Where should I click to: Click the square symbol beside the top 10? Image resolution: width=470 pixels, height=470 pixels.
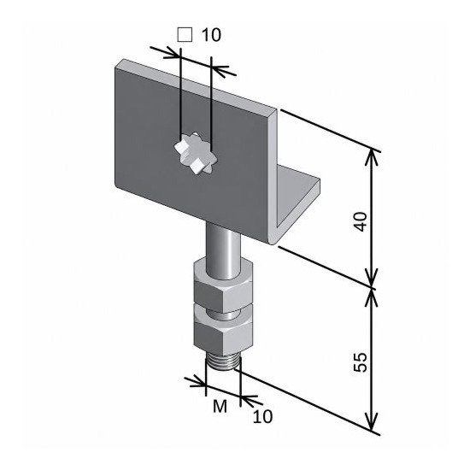click(185, 34)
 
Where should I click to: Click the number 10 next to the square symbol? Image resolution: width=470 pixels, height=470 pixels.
click(211, 35)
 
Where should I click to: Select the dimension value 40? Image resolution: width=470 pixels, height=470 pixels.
click(361, 221)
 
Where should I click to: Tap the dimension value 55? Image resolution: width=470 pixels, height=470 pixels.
click(361, 362)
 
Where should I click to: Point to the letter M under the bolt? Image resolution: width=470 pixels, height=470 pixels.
click(220, 407)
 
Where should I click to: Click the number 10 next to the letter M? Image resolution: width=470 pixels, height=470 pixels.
click(263, 416)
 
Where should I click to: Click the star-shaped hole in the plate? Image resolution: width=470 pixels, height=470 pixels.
click(196, 153)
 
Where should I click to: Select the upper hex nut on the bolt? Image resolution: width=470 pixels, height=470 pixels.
click(223, 286)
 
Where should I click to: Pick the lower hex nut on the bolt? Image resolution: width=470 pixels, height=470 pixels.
click(223, 329)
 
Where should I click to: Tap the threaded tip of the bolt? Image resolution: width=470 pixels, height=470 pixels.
click(223, 361)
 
